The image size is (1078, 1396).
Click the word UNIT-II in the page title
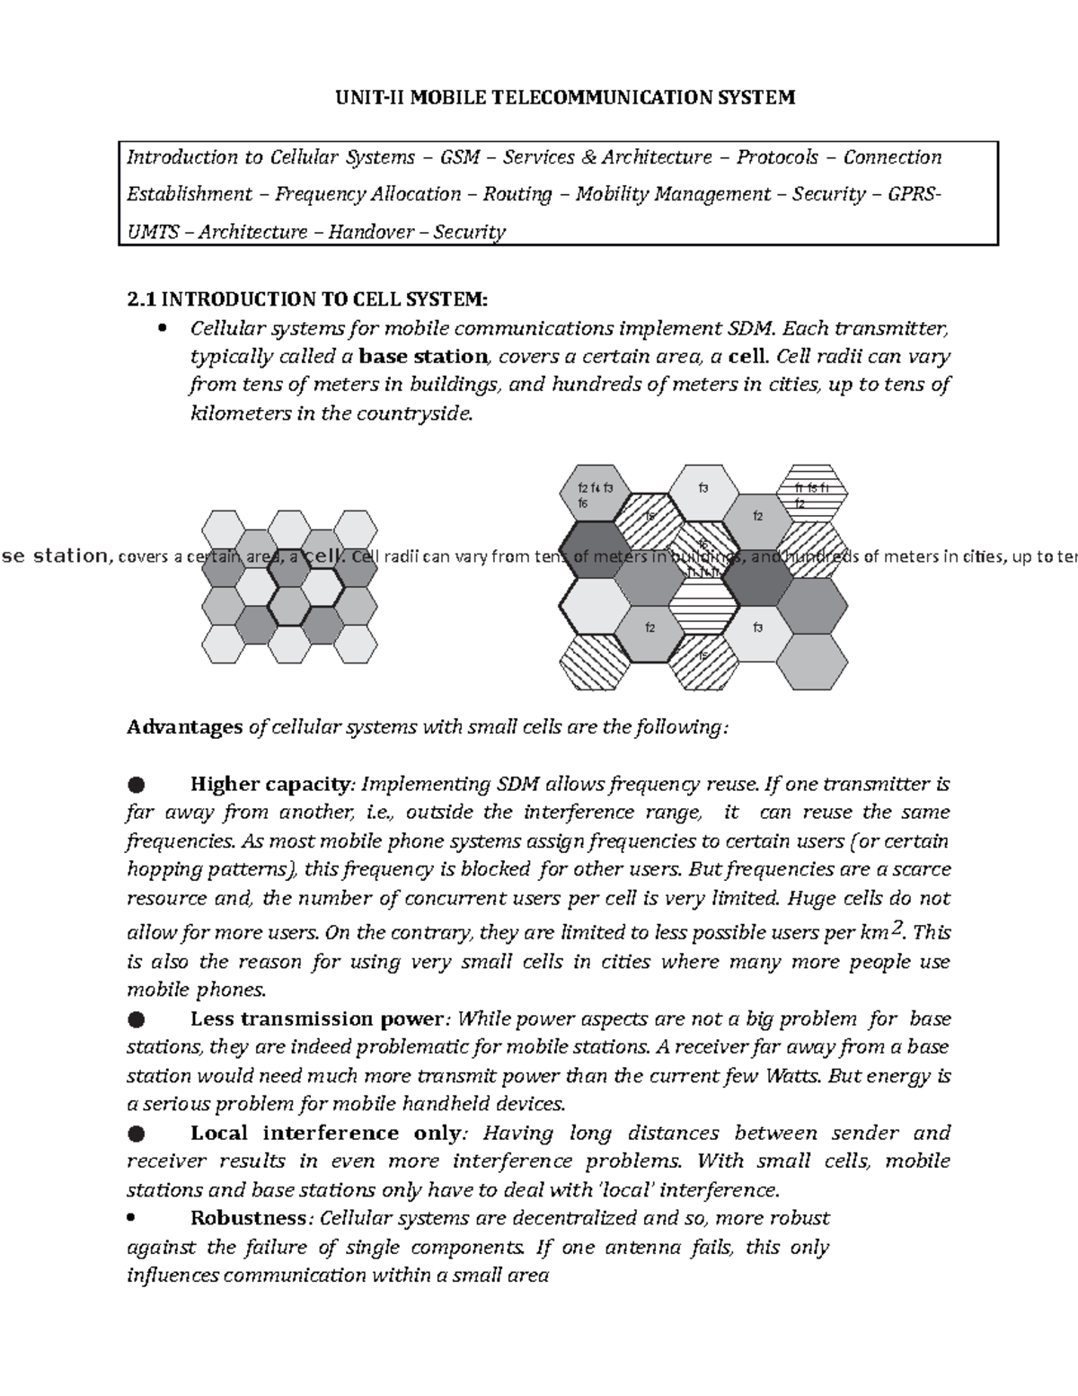click(x=367, y=97)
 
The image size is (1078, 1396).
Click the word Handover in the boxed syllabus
click(x=370, y=232)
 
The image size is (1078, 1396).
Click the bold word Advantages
click(x=184, y=726)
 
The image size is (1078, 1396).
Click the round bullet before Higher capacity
click(x=136, y=785)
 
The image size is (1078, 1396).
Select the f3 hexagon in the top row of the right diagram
click(x=703, y=491)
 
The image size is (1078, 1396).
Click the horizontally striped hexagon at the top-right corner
click(x=811, y=493)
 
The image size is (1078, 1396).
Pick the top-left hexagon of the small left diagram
click(x=224, y=529)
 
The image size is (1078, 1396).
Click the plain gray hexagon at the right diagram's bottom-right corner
click(x=812, y=664)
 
